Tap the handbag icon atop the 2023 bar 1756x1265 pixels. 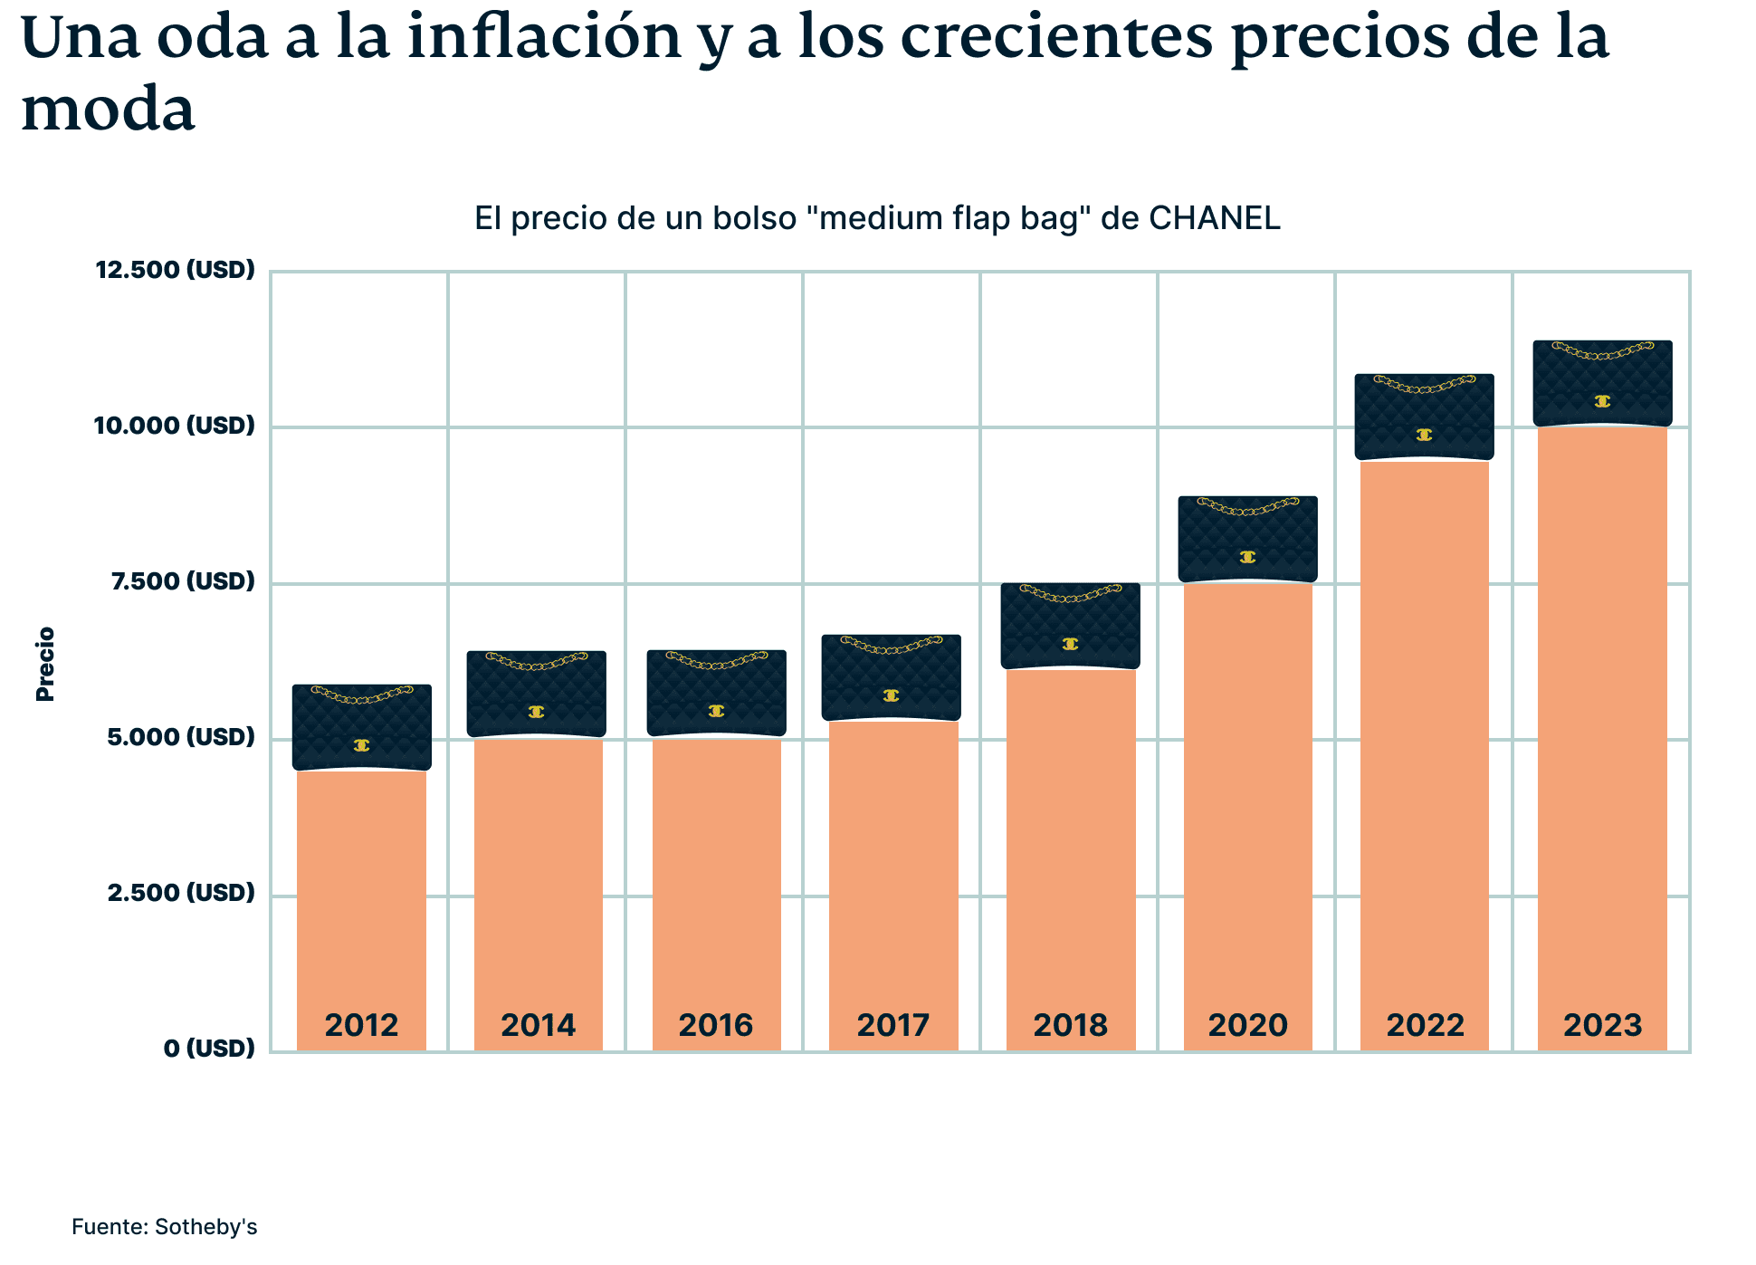pos(1602,384)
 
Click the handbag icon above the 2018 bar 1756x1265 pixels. pos(1070,627)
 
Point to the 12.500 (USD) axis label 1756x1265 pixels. pos(176,270)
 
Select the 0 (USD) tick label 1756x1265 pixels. pos(209,1049)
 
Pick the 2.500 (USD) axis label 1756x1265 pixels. pos(181,893)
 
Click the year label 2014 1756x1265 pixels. pos(539,1025)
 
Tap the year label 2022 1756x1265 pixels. pos(1425,1025)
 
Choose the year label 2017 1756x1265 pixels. pos(892,1025)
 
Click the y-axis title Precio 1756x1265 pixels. pos(45,664)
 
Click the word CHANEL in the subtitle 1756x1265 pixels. pos(1214,218)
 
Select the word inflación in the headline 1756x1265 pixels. pos(544,38)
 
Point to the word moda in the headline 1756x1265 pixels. pos(108,110)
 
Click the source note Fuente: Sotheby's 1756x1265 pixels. pos(165,1227)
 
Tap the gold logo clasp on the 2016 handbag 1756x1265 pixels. pos(716,711)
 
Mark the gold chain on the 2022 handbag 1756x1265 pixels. pos(1425,386)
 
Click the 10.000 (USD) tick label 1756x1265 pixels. pos(175,426)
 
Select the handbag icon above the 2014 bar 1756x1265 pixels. pos(537,695)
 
